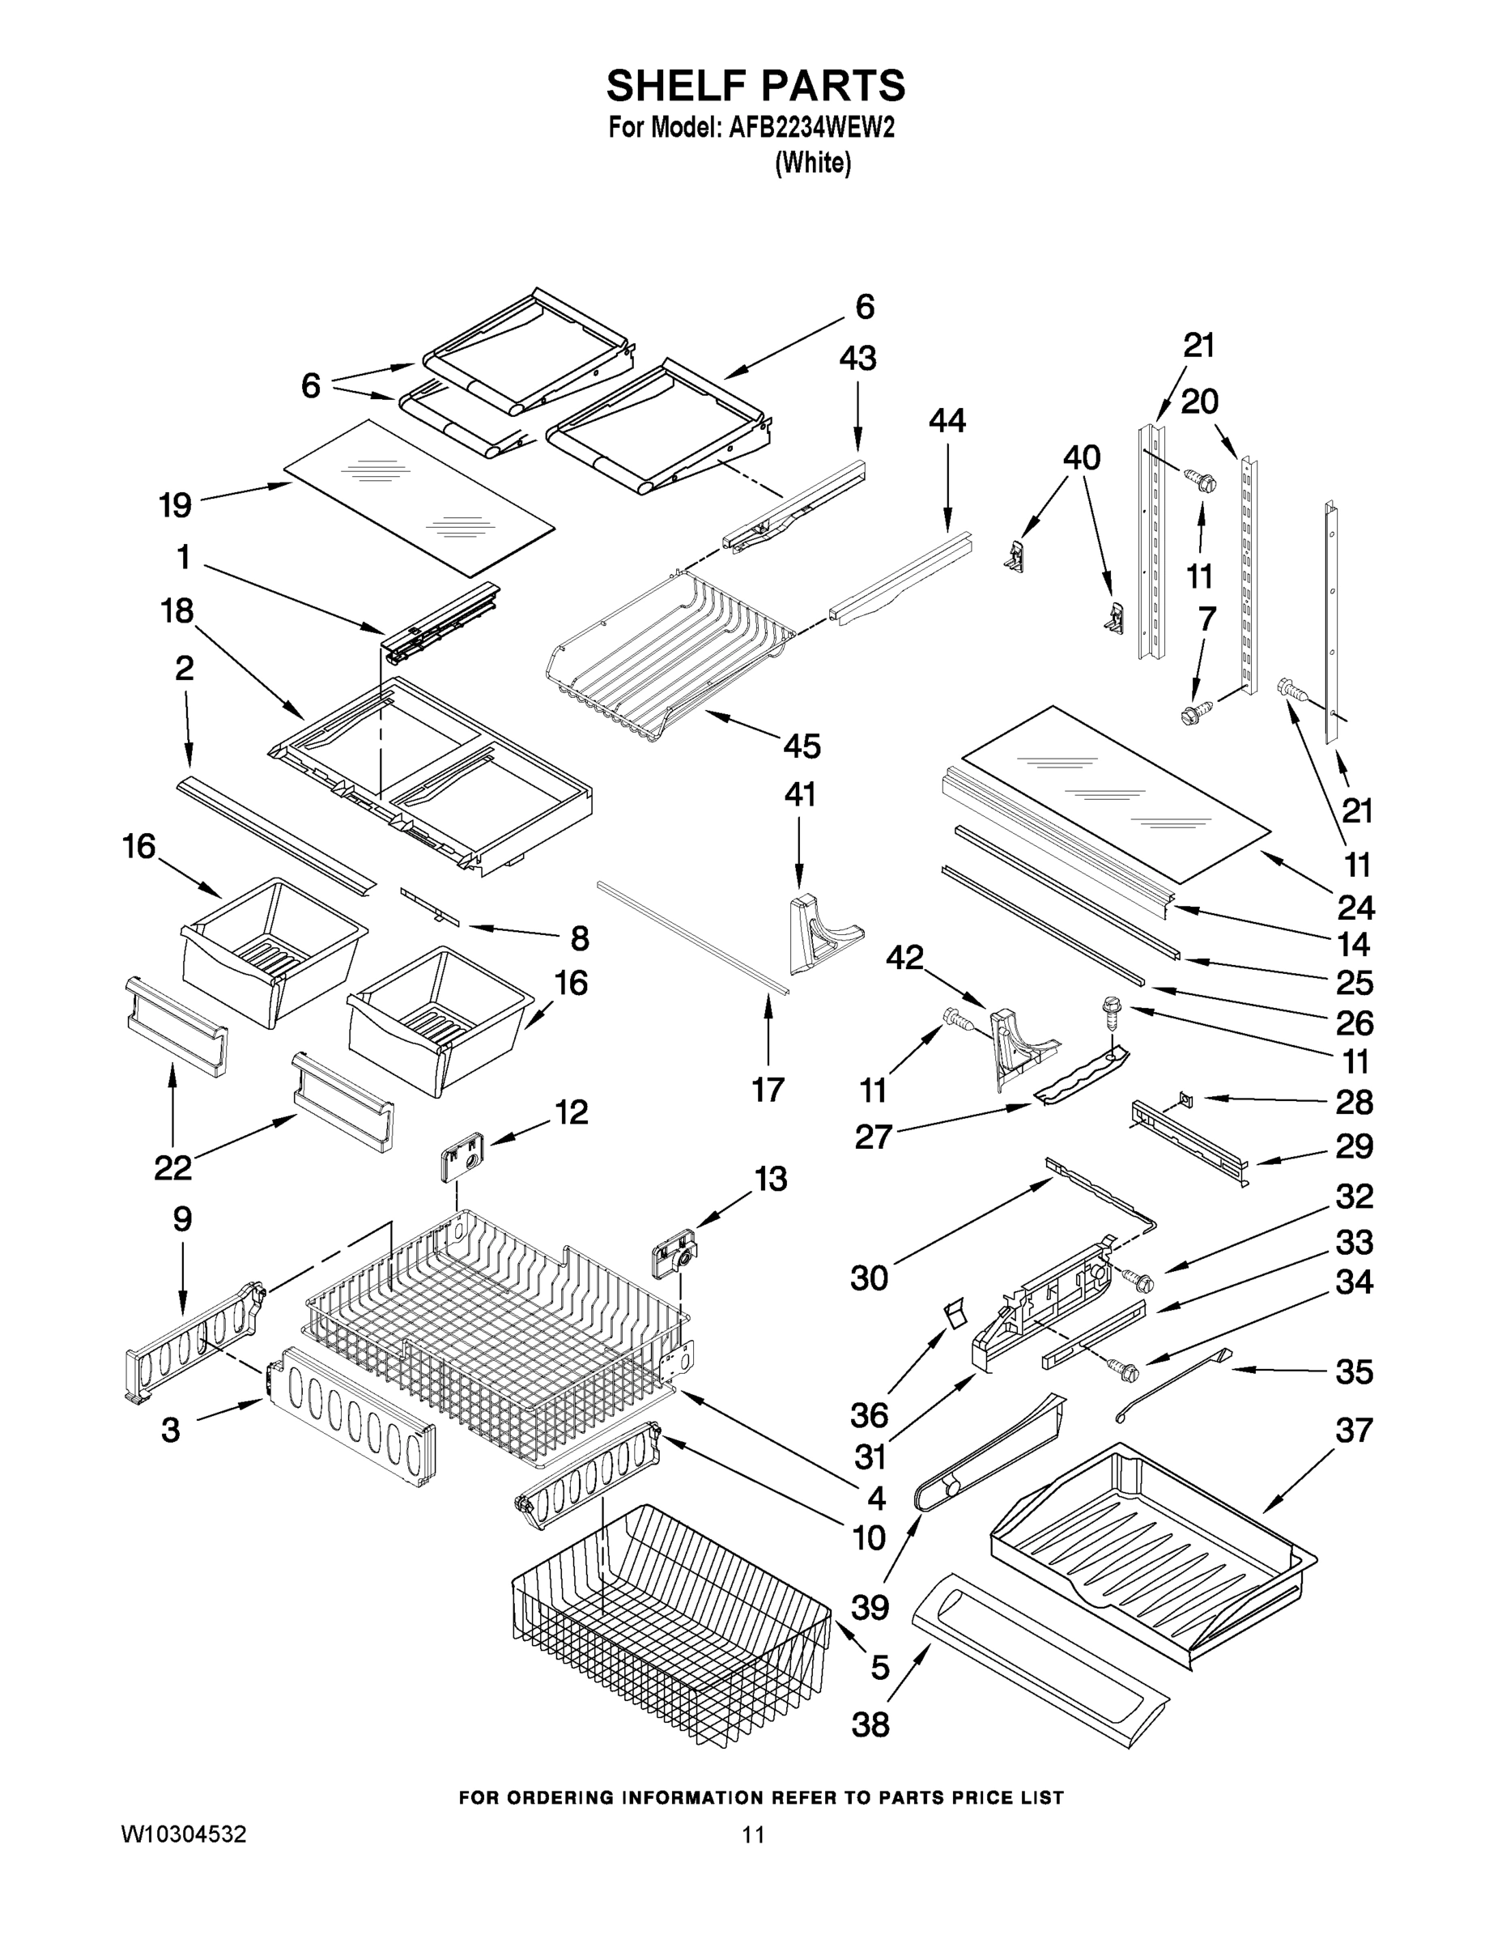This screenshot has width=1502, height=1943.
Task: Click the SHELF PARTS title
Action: point(755,87)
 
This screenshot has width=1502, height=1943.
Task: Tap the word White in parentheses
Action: point(813,164)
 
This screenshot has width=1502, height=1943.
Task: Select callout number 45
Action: point(801,746)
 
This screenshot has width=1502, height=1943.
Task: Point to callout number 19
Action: point(175,504)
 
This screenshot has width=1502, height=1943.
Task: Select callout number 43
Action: point(857,359)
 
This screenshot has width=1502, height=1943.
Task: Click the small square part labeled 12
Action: point(461,1158)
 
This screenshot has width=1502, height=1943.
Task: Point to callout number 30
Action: point(870,1278)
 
